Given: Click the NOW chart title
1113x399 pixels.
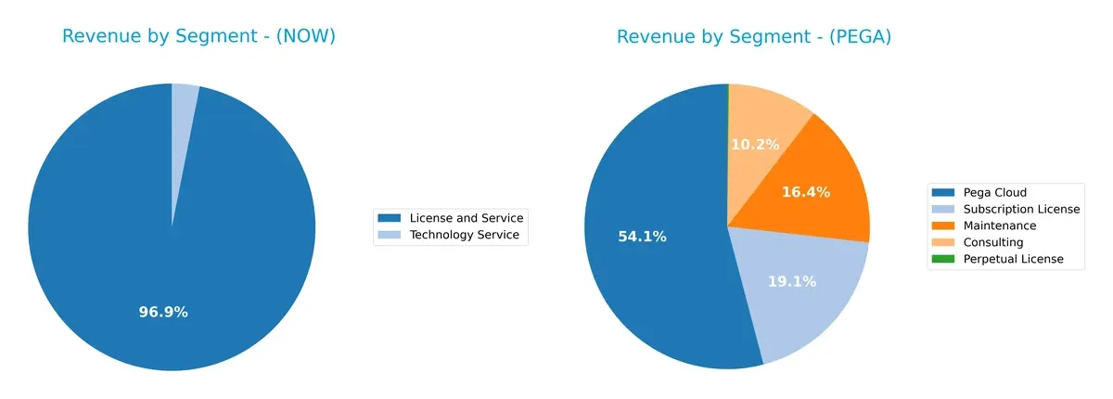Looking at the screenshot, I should click(198, 36).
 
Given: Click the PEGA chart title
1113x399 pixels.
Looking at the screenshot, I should click(754, 36).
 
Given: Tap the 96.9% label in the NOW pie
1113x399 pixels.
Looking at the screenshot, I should click(163, 312).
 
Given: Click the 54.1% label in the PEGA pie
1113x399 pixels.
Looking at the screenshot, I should click(642, 237).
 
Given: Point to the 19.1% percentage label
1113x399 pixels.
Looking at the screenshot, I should click(792, 281).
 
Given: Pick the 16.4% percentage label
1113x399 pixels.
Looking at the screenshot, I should click(805, 192).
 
